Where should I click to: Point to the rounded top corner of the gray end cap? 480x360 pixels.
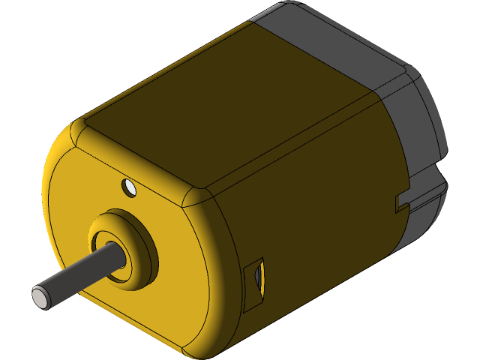409,76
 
